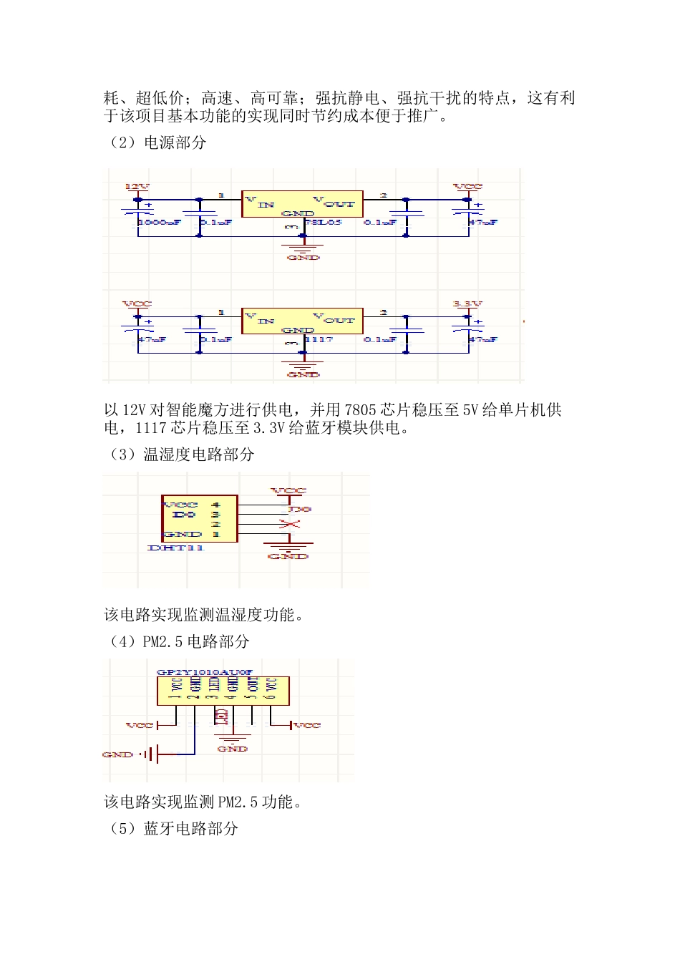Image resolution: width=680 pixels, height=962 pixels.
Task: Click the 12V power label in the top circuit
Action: click(x=137, y=187)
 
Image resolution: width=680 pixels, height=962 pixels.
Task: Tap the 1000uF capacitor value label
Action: click(x=159, y=223)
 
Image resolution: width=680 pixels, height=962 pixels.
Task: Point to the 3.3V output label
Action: click(x=467, y=304)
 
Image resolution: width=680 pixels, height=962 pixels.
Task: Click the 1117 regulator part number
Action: click(x=319, y=339)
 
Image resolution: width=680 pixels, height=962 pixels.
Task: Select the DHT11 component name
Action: click(x=175, y=548)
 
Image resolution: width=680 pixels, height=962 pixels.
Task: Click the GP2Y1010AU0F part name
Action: click(x=205, y=673)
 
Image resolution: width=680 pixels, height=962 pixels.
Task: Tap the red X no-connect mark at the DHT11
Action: click(x=289, y=525)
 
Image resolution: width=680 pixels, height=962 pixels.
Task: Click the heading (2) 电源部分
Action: click(x=157, y=142)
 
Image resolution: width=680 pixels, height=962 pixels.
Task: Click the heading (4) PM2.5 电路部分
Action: click(x=178, y=641)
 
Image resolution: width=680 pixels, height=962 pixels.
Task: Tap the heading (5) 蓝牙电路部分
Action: click(x=173, y=829)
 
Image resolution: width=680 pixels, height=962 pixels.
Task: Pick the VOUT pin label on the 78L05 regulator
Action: click(x=334, y=202)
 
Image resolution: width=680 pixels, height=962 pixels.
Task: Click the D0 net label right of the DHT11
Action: click(x=300, y=510)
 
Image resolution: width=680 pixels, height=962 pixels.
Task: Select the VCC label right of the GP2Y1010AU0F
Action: click(x=307, y=725)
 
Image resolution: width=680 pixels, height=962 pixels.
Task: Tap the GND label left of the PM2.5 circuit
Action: click(x=117, y=754)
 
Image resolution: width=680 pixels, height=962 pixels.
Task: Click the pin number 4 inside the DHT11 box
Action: click(x=215, y=505)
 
